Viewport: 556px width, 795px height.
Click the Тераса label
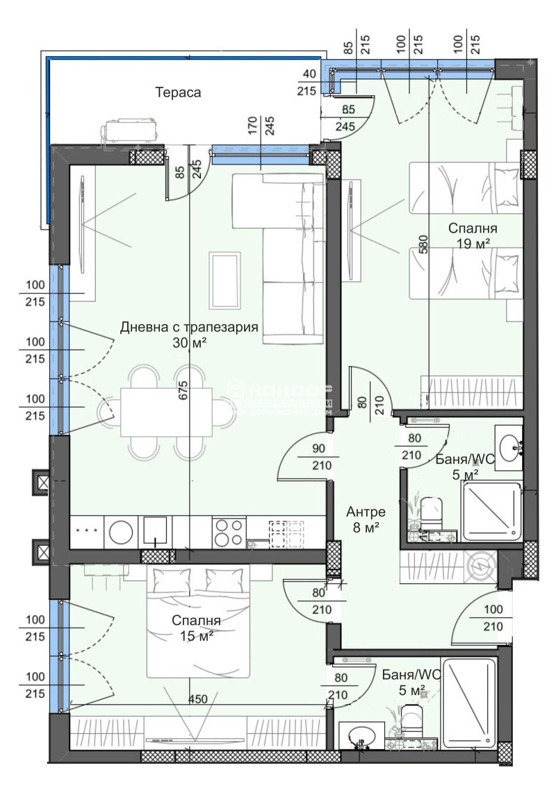point(178,92)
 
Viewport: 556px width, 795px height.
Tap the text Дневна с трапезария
point(190,327)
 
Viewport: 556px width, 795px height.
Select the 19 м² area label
point(473,243)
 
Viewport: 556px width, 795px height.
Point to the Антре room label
point(366,512)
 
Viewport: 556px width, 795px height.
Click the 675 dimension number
point(183,392)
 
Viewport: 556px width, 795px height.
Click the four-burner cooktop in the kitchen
point(229,532)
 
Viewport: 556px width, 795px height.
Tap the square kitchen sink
point(156,532)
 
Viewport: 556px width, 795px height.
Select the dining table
point(166,412)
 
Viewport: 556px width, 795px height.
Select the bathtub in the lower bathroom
point(469,703)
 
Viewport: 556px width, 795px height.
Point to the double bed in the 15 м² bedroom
point(196,621)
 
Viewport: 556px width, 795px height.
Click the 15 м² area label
point(196,635)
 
